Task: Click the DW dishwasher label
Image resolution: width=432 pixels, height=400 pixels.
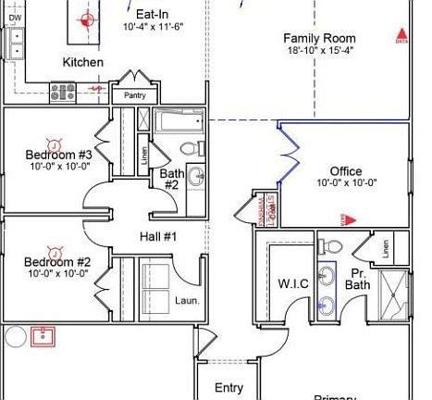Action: (15, 18)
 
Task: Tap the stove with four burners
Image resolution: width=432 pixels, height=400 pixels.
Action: (63, 92)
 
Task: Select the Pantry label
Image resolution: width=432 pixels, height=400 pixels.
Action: (129, 95)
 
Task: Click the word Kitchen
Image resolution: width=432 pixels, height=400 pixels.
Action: (82, 62)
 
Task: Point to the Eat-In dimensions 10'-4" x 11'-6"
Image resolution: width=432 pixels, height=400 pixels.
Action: (153, 28)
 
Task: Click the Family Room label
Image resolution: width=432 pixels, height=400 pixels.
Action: (319, 38)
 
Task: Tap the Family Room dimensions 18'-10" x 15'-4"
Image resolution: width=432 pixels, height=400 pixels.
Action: (319, 50)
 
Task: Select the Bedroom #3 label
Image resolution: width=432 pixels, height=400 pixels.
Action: (57, 155)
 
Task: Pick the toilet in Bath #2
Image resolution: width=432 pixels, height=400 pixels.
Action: (188, 148)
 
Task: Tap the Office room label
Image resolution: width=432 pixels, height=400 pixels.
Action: (347, 171)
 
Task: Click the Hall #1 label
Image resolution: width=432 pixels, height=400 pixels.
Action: (158, 237)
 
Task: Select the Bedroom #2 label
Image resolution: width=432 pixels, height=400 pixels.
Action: (56, 261)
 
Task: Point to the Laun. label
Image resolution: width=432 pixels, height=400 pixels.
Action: (186, 300)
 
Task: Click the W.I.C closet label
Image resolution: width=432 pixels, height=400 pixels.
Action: (292, 283)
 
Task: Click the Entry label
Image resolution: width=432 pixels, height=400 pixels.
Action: (228, 388)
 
